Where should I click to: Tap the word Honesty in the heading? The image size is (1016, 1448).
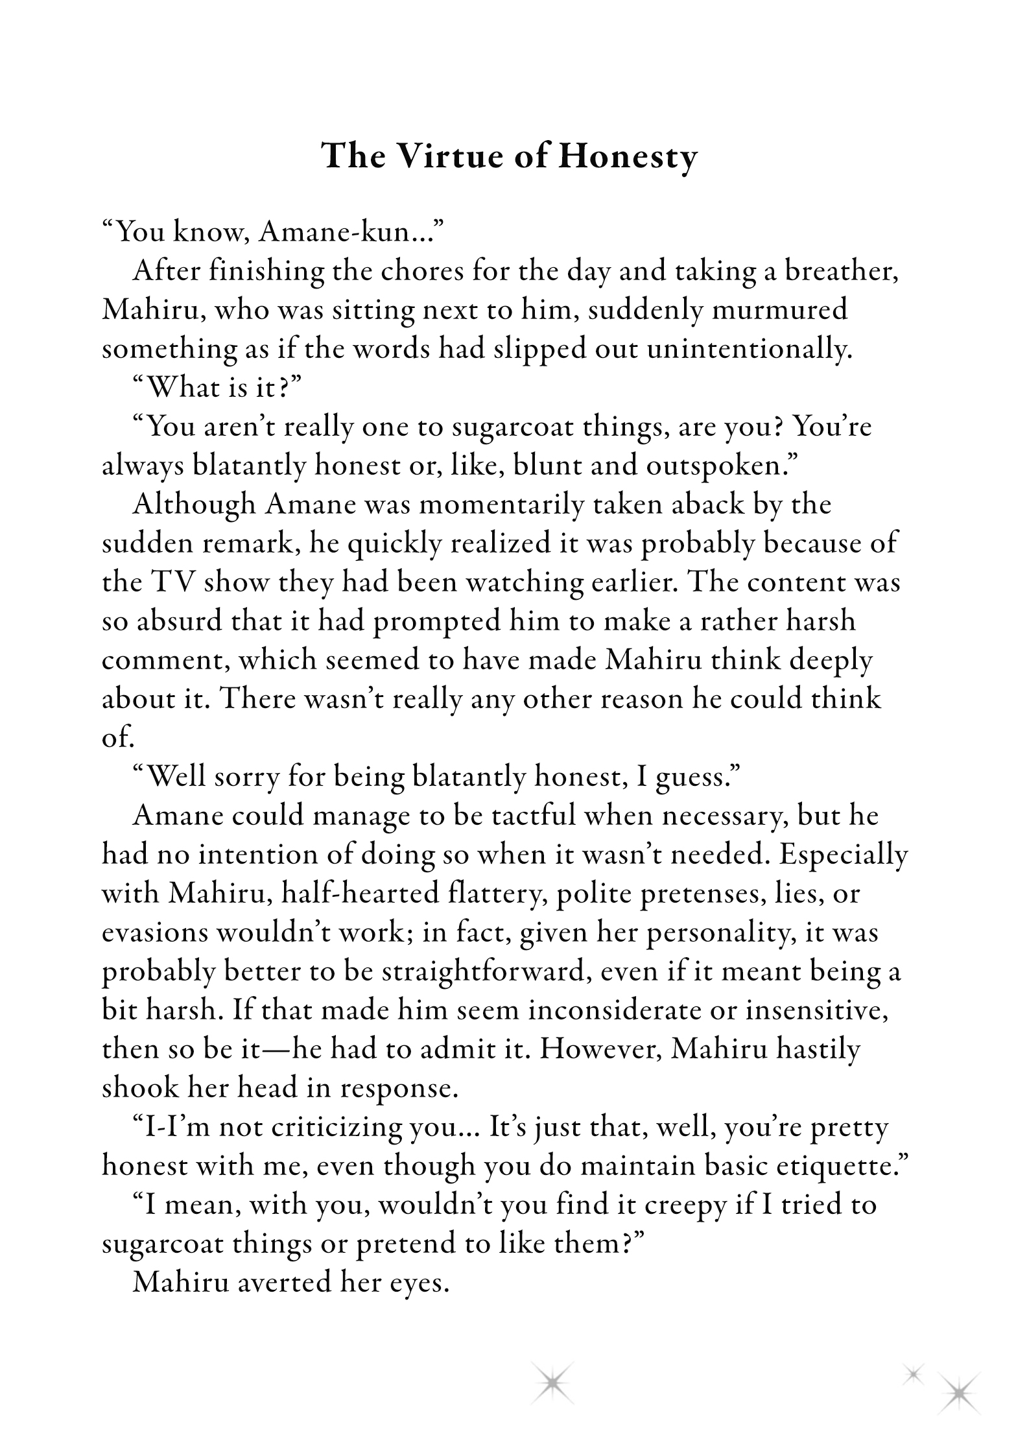click(627, 158)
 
